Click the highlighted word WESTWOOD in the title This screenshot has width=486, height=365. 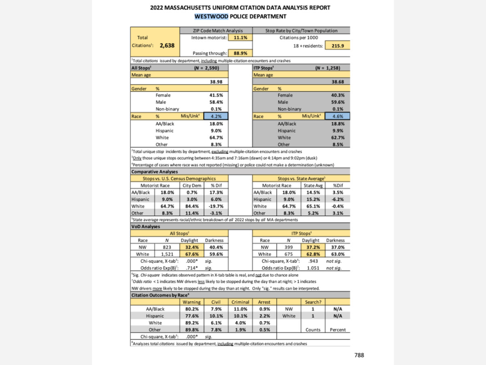click(x=212, y=17)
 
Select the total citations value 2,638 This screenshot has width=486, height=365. click(x=167, y=46)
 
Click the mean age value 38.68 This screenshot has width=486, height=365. click(x=339, y=81)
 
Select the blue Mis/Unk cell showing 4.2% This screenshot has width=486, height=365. click(x=215, y=116)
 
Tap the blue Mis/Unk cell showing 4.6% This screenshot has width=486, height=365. click(x=337, y=116)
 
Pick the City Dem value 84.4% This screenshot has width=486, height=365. click(x=193, y=206)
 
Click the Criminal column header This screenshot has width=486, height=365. click(x=241, y=302)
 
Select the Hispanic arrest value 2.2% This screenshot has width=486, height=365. click(x=264, y=316)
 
